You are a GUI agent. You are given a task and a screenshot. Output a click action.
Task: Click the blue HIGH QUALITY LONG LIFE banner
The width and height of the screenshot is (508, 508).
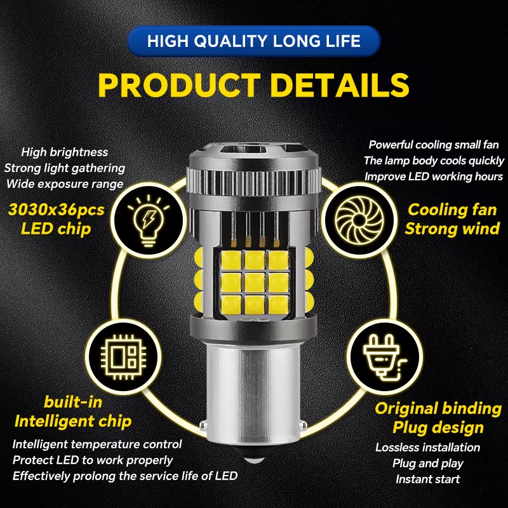[253, 41]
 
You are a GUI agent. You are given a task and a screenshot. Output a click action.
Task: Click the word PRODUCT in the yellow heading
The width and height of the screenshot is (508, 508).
[180, 85]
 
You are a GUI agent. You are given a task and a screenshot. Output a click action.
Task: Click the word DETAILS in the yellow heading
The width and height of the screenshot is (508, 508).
[340, 85]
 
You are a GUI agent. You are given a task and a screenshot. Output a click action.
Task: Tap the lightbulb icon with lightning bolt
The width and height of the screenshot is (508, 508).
[149, 220]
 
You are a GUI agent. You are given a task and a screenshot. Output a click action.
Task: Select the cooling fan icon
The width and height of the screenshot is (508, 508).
[359, 220]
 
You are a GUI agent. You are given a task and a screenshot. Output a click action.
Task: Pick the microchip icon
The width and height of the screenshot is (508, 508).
[123, 357]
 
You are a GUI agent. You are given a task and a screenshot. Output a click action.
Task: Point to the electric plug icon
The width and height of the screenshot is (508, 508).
[384, 357]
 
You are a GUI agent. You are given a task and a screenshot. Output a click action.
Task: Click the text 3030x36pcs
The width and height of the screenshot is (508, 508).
[57, 210]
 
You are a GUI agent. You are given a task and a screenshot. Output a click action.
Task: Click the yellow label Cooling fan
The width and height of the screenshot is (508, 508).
[452, 210]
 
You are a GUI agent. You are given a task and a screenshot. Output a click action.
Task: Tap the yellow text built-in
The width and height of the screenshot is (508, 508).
[73, 402]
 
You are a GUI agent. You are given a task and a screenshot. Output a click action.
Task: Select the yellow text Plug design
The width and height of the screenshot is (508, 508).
[438, 427]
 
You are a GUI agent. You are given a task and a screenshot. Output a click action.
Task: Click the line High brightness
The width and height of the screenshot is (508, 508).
[65, 152]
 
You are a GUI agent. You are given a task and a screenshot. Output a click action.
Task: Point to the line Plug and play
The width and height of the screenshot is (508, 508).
[427, 464]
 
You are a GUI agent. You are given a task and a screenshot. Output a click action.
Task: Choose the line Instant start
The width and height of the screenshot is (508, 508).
[427, 479]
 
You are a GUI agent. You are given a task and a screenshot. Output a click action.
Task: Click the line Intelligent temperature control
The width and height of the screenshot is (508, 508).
[97, 444]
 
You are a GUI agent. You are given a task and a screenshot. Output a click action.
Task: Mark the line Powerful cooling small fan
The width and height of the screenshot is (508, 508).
[434, 145]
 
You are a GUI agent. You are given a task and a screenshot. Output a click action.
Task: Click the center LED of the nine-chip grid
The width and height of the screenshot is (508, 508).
[255, 282]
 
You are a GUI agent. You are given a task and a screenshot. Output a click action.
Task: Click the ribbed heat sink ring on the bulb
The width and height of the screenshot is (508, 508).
[253, 182]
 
